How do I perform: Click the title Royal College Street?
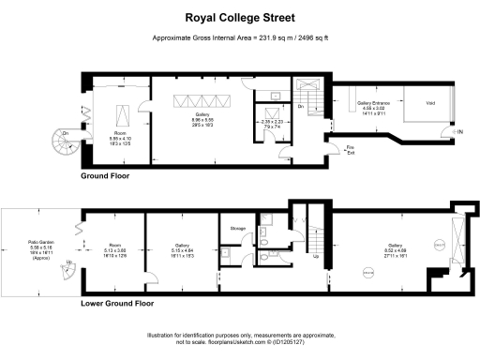[x=239, y=17]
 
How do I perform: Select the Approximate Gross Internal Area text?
[x=239, y=37]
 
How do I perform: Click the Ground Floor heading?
[x=105, y=175]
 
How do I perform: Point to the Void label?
[x=430, y=103]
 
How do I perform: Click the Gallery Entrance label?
[x=371, y=106]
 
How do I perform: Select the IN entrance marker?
[x=459, y=132]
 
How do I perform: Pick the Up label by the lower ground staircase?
[x=315, y=253]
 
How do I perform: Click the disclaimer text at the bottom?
[x=239, y=339]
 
